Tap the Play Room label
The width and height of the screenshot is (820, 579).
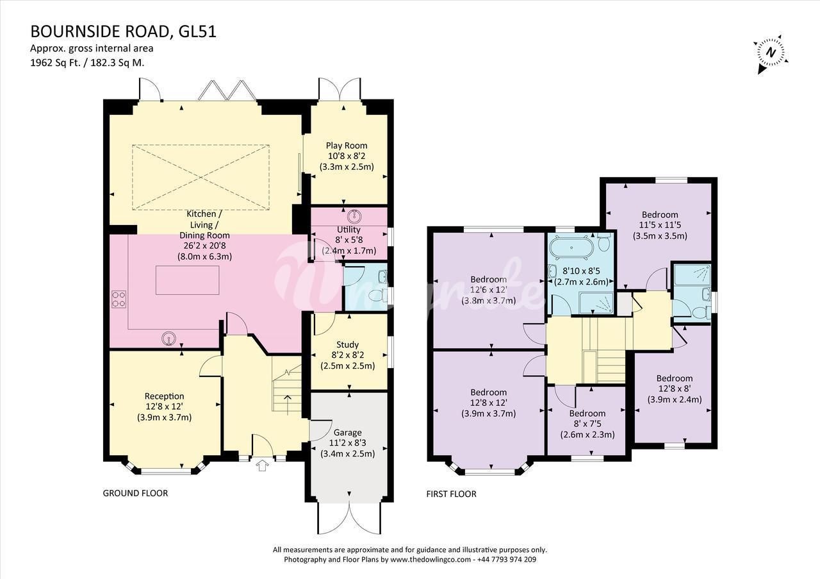pyautogui.click(x=347, y=146)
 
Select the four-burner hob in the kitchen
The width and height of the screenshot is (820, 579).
pyautogui.click(x=119, y=299)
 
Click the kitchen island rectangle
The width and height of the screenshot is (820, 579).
pyautogui.click(x=188, y=280)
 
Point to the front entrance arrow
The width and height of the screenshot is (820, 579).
pyautogui.click(x=262, y=466)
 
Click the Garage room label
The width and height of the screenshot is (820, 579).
pyautogui.click(x=347, y=433)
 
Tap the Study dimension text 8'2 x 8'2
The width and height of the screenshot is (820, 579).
pyautogui.click(x=348, y=355)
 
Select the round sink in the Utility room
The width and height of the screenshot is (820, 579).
pyautogui.click(x=355, y=216)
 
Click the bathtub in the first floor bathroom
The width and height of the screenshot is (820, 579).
pyautogui.click(x=572, y=248)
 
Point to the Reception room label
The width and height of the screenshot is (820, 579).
pyautogui.click(x=165, y=396)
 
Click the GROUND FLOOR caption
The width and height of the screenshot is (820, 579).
pyautogui.click(x=135, y=493)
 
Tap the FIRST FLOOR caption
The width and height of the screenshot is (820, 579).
pyautogui.click(x=452, y=494)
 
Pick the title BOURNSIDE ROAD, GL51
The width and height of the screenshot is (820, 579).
pyautogui.click(x=124, y=31)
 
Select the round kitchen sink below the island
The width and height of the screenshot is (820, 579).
pyautogui.click(x=168, y=339)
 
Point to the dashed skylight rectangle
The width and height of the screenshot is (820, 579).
pyautogui.click(x=201, y=178)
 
